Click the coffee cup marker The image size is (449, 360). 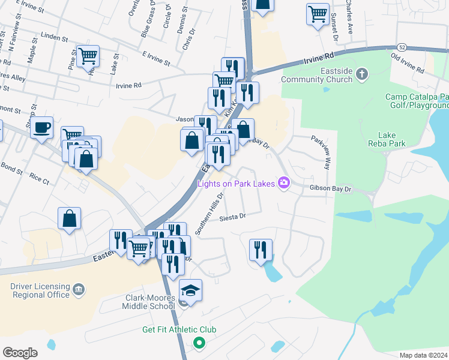tap(42, 128)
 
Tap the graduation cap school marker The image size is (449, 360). tap(191, 290)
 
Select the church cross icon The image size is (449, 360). tap(361, 74)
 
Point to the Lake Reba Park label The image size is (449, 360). tap(391, 139)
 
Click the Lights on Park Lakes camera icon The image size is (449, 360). tap(283, 182)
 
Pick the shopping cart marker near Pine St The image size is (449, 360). tap(88, 56)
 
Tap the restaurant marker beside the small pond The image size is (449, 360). tap(261, 249)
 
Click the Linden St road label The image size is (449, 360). tap(55, 37)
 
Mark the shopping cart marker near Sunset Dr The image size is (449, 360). tap(318, 13)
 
